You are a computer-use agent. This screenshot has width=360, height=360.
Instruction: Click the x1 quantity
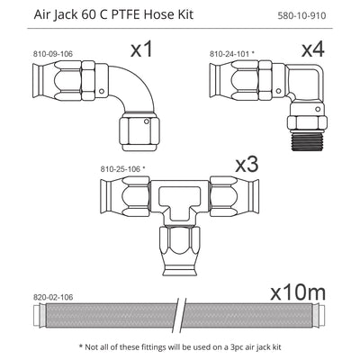142,51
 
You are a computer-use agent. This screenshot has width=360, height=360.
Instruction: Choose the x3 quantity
247,166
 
